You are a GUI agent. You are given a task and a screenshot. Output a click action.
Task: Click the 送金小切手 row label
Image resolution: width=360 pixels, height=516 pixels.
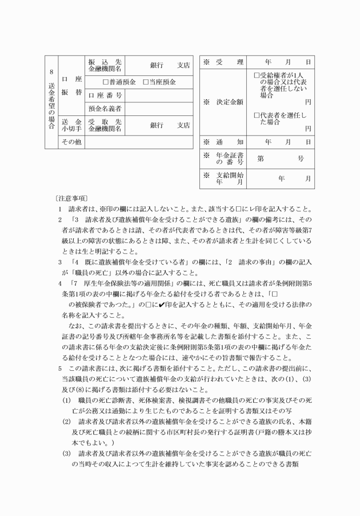[72, 125]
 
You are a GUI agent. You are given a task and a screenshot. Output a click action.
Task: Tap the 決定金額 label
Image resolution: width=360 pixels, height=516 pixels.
[226, 102]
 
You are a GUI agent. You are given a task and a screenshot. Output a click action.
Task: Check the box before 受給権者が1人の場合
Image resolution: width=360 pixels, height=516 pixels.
[257, 75]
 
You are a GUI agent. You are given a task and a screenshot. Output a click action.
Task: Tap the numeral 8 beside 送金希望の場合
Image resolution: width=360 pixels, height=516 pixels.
[51, 73]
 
